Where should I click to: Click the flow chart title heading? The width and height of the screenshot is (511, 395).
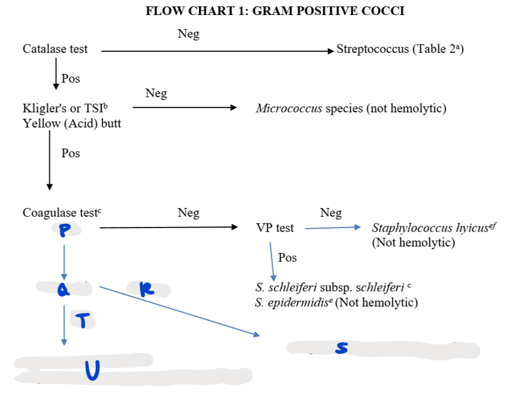pos(275,11)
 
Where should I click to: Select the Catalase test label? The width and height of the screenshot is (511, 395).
pos(55,49)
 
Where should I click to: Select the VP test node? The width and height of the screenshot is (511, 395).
pos(275,228)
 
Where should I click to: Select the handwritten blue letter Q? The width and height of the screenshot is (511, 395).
pos(63,289)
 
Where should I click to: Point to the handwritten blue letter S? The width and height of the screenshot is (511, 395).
pos(341,348)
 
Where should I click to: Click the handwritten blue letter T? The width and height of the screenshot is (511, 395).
pos(85,320)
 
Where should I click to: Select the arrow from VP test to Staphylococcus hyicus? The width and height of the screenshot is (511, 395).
pos(332,228)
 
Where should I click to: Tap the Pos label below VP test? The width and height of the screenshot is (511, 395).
pos(287,258)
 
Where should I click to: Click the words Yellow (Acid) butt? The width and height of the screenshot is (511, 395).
pos(72,123)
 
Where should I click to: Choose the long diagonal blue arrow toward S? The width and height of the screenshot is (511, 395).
pos(180,311)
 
